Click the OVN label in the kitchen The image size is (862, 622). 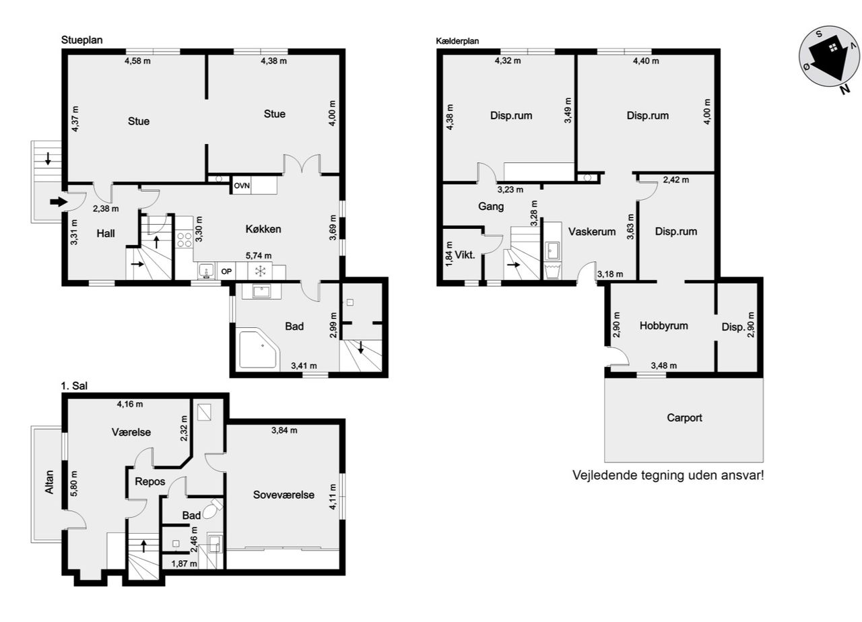point(242,186)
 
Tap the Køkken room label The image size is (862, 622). point(263,230)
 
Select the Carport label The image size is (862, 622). point(684,418)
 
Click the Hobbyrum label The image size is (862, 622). point(663,326)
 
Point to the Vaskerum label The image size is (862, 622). point(592,232)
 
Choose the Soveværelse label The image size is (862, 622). point(284,495)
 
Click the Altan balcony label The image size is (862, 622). point(49,482)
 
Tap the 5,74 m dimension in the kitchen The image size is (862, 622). point(259,256)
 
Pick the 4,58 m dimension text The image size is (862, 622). point(137,61)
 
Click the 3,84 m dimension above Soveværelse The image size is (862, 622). point(284,430)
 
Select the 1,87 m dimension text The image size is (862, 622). point(184,564)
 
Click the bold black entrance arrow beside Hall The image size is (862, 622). point(59,201)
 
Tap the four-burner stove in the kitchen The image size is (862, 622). point(185,240)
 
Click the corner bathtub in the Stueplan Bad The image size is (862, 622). point(258,349)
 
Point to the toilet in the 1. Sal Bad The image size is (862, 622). point(213,510)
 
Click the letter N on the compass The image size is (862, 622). point(844,90)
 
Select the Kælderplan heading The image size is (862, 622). point(457,41)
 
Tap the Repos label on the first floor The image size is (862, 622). point(150,481)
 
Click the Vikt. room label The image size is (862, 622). point(465,254)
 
